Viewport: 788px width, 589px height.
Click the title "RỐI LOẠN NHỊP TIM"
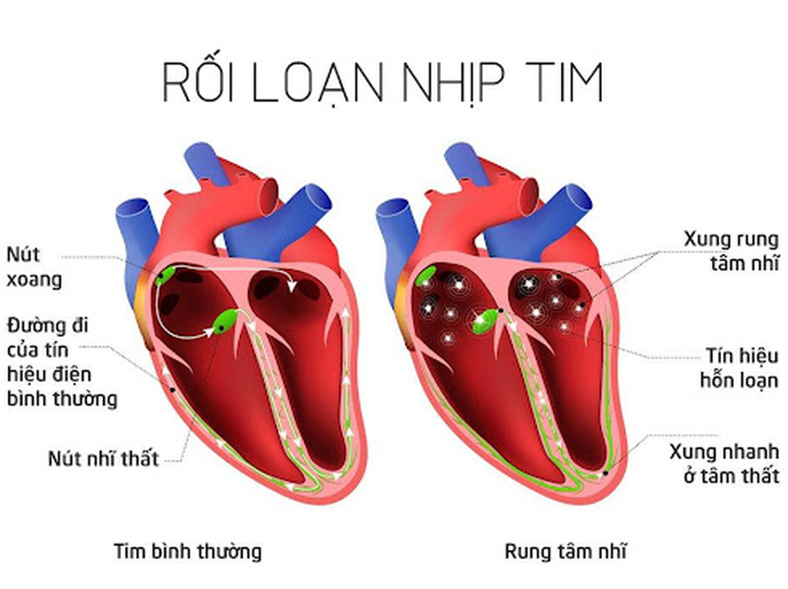pos(382,81)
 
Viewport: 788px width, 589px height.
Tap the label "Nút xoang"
pos(34,267)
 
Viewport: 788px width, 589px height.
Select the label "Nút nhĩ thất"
pos(103,459)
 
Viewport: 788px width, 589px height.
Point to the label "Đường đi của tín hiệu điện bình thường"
pos(62,362)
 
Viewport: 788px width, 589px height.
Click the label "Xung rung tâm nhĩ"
pos(731,250)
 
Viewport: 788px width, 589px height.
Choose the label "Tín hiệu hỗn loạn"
pos(739,368)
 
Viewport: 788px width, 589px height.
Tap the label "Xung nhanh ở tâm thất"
pos(724,463)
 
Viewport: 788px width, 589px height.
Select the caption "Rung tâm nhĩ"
pos(565,551)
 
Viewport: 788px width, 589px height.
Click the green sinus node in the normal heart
pos(165,275)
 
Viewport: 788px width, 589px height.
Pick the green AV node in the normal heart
pos(226,322)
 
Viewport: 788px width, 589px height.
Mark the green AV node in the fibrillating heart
pos(485,322)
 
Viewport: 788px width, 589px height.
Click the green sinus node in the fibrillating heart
pos(426,276)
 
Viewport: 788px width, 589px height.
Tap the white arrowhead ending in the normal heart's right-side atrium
pos(291,286)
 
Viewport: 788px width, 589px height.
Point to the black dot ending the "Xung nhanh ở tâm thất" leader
pos(605,473)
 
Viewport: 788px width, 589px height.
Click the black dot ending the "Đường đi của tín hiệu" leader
pos(172,389)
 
